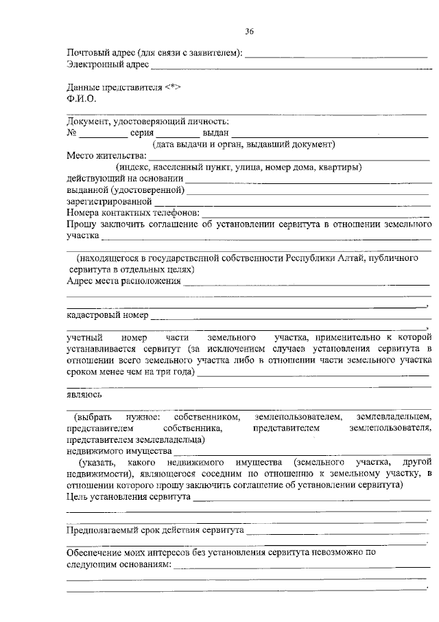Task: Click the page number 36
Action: coord(250,31)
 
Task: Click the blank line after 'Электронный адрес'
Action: coord(291,67)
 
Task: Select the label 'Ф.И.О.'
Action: coord(80,98)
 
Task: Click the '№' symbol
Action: coord(71,133)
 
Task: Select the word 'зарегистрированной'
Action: coord(109,203)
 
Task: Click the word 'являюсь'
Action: coord(84,395)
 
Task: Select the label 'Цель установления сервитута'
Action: coord(128,496)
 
